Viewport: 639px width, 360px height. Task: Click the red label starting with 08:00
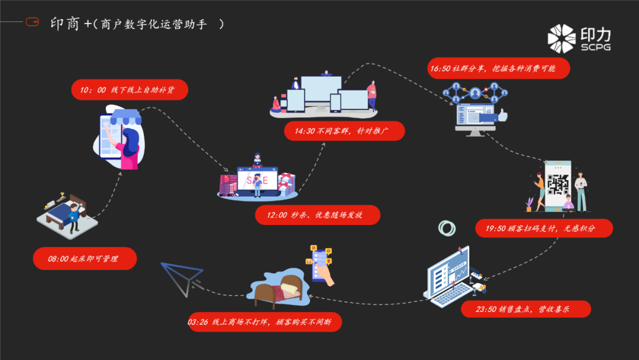click(85, 259)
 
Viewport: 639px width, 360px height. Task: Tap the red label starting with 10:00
click(129, 91)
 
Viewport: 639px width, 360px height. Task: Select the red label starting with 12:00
click(317, 215)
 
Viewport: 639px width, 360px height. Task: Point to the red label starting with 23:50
click(525, 309)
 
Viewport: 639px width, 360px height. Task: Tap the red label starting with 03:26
click(264, 322)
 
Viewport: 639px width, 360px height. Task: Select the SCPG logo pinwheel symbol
click(561, 38)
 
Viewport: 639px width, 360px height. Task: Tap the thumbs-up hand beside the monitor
click(502, 115)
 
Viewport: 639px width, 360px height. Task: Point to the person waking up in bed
click(73, 213)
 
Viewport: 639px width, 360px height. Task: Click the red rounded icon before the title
click(32, 22)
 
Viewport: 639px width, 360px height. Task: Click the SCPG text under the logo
click(596, 47)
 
